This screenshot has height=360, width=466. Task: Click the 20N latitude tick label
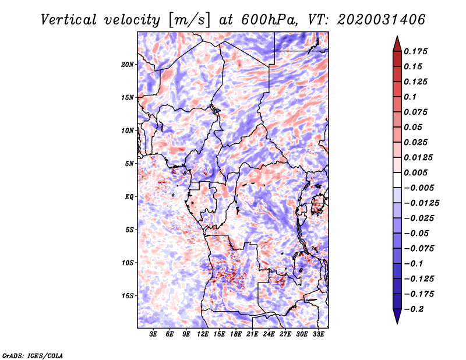coord(128,65)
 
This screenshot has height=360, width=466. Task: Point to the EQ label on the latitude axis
coord(129,197)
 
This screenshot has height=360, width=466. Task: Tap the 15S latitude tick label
coord(128,296)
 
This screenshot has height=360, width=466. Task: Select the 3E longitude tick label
coord(153,334)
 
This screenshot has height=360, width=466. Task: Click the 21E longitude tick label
coord(252,334)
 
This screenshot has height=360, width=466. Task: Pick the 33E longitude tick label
coord(318,334)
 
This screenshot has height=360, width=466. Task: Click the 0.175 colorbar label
coord(415,51)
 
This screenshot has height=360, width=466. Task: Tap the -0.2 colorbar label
coord(414,309)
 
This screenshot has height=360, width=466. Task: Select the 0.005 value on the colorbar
coord(415,172)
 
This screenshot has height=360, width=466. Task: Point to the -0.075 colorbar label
coord(419,249)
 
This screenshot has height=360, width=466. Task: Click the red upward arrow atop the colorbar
coord(397,44)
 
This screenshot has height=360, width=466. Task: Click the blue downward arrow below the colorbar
coord(397,316)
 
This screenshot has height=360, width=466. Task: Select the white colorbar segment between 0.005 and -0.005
coord(397,180)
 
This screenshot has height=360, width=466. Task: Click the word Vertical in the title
coord(69,20)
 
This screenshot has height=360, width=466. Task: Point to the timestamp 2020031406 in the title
coord(381,20)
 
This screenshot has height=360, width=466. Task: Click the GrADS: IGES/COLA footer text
coord(33,356)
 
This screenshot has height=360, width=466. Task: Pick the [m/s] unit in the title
coord(189,20)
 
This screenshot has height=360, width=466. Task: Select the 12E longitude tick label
coord(202,334)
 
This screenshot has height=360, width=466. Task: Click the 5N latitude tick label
coord(129,164)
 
